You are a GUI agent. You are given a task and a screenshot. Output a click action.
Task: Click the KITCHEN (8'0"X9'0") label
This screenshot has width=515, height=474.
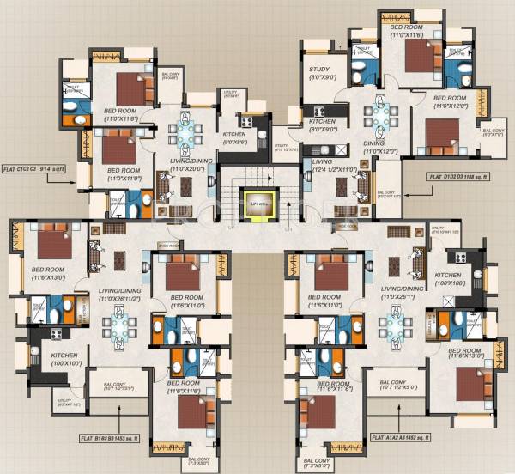[x=323, y=125]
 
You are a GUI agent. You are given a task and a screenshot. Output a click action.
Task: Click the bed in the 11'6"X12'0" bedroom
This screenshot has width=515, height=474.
[x=443, y=132]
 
